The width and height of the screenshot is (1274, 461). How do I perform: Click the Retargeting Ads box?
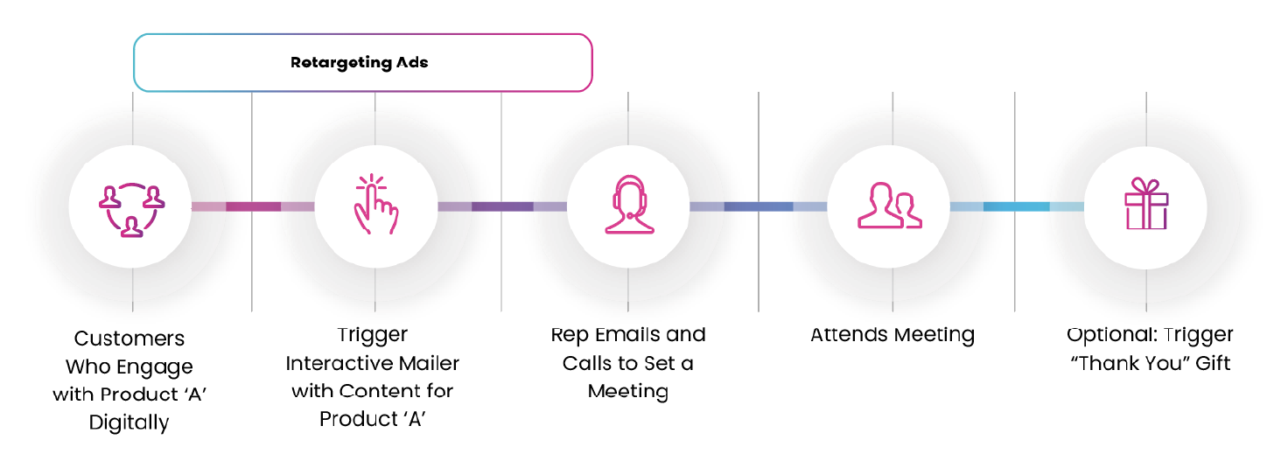pyautogui.click(x=362, y=63)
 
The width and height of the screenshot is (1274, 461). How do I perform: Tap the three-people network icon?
pyautogui.click(x=131, y=207)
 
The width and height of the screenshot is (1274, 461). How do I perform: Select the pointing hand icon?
pyautogui.click(x=375, y=206)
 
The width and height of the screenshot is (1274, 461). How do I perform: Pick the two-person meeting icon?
pyautogui.click(x=889, y=206)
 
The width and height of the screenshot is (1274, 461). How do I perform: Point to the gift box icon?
pyautogui.click(x=1145, y=206)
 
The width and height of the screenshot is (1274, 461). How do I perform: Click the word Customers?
pyautogui.click(x=129, y=339)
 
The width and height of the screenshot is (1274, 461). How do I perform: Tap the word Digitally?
pyautogui.click(x=129, y=423)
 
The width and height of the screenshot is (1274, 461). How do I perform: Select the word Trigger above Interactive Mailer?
pyautogui.click(x=373, y=334)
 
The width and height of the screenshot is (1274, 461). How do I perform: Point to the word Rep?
pyautogui.click(x=570, y=334)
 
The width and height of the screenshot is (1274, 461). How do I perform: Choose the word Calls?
pyautogui.click(x=591, y=362)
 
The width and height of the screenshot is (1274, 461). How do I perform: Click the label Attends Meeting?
pyautogui.click(x=892, y=334)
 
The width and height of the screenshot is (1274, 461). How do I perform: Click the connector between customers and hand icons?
pyautogui.click(x=253, y=206)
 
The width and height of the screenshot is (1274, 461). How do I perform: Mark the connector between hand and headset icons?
pyautogui.click(x=502, y=206)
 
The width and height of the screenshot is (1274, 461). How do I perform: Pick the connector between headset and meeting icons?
pyautogui.click(x=758, y=206)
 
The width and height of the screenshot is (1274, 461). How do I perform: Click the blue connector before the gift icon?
pyautogui.click(x=1016, y=206)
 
